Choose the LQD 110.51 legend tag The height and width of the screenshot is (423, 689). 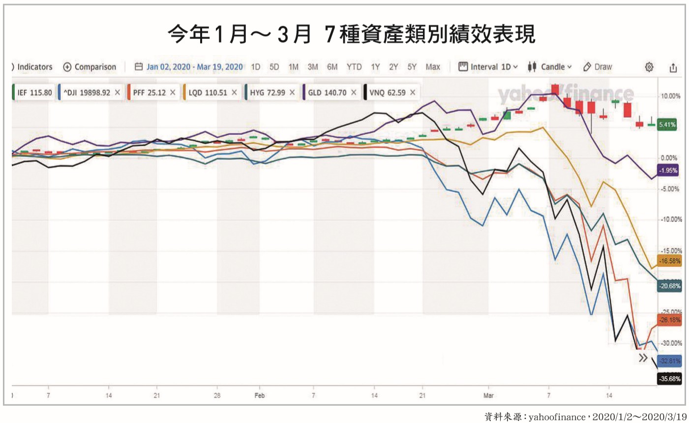pyautogui.click(x=208, y=93)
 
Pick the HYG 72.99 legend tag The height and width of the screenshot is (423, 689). pyautogui.click(x=267, y=93)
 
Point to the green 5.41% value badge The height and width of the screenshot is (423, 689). pyautogui.click(x=667, y=125)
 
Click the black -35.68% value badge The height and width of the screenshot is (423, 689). pyautogui.click(x=670, y=379)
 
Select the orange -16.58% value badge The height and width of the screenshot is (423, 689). pyautogui.click(x=669, y=261)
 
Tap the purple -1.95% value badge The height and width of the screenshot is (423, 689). pyautogui.click(x=668, y=170)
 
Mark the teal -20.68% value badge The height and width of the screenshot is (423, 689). pyautogui.click(x=669, y=286)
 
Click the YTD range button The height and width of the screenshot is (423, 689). pyautogui.click(x=354, y=67)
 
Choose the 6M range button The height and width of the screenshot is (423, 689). pyautogui.click(x=332, y=67)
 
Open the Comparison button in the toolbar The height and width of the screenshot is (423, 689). pyautogui.click(x=90, y=67)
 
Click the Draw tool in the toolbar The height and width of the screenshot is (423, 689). pyautogui.click(x=598, y=67)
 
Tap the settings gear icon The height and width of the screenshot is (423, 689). pyautogui.click(x=649, y=67)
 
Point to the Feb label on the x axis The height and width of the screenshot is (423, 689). pyautogui.click(x=260, y=395)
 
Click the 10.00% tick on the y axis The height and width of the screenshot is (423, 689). pyautogui.click(x=670, y=96)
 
